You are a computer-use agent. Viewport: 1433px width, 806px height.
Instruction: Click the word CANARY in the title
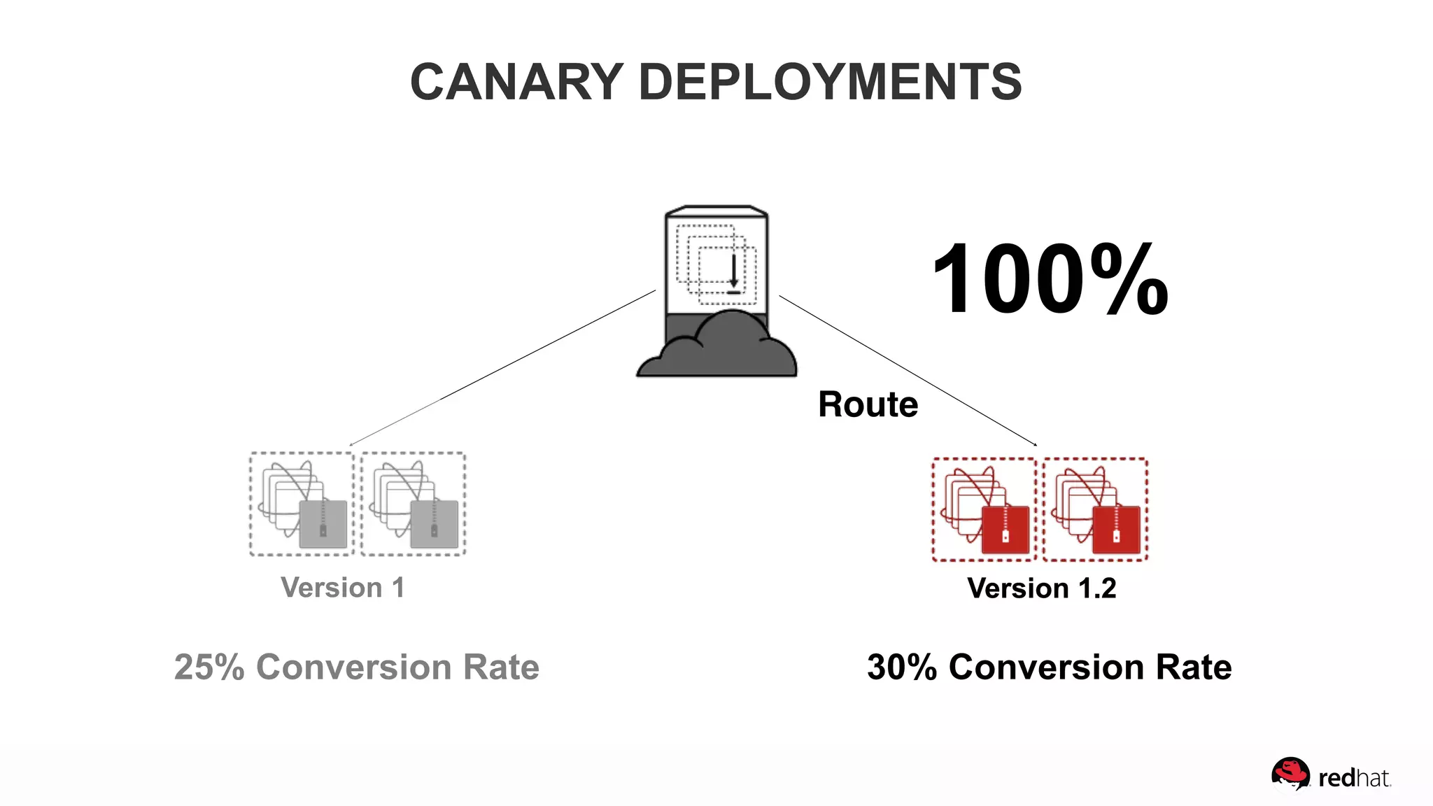pyautogui.click(x=516, y=83)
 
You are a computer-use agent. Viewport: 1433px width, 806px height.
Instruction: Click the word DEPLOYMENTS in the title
pyautogui.click(x=830, y=83)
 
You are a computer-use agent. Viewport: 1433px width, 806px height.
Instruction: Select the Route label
pyautogui.click(x=868, y=405)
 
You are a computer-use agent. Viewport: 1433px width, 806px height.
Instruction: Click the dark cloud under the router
pyautogui.click(x=717, y=350)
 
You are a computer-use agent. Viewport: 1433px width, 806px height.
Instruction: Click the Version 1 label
pyautogui.click(x=342, y=588)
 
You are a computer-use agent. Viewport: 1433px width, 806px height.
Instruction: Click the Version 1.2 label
pyautogui.click(x=1041, y=588)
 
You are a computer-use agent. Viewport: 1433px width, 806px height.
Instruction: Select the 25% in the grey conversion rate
pyautogui.click(x=209, y=667)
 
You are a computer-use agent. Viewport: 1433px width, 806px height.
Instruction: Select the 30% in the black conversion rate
pyautogui.click(x=901, y=667)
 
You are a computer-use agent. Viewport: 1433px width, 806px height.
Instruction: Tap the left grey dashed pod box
pyautogui.click(x=302, y=504)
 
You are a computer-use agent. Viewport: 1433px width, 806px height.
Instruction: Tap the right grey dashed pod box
pyautogui.click(x=414, y=504)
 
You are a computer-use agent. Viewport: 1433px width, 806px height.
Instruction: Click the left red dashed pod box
pyautogui.click(x=984, y=509)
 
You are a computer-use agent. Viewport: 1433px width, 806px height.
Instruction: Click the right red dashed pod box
pyautogui.click(x=1095, y=509)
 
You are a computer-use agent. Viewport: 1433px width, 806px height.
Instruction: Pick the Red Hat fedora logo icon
pyautogui.click(x=1290, y=774)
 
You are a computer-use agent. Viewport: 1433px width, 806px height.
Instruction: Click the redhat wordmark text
pyautogui.click(x=1354, y=778)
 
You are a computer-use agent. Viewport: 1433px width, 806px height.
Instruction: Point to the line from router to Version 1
pyautogui.click(x=502, y=368)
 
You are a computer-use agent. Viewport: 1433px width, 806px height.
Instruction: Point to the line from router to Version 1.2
pyautogui.click(x=908, y=371)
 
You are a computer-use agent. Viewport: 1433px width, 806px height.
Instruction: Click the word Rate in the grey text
pyautogui.click(x=501, y=667)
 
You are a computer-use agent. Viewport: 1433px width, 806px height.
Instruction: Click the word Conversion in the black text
pyautogui.click(x=1046, y=667)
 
